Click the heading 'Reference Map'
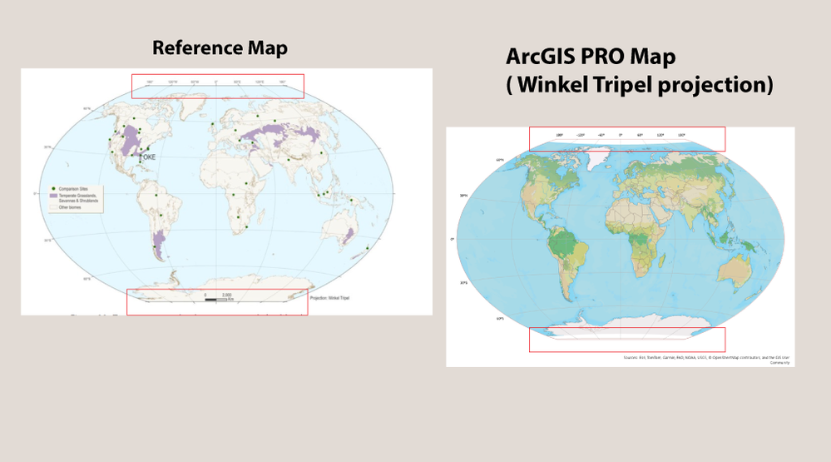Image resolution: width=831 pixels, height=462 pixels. (x=220, y=48)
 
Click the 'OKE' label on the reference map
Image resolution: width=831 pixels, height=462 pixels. (x=150, y=156)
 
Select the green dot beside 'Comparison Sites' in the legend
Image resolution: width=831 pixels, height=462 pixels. (x=52, y=188)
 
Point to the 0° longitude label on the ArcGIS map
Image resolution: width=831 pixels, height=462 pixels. (x=620, y=134)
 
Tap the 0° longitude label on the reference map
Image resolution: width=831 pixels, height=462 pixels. (x=216, y=82)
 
